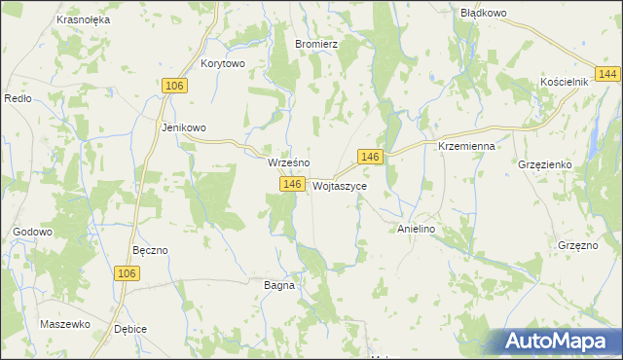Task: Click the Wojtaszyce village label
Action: click(x=341, y=185)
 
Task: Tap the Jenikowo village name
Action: click(x=184, y=127)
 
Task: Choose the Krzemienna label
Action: click(x=467, y=145)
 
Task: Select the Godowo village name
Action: click(x=32, y=232)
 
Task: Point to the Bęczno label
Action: click(x=150, y=250)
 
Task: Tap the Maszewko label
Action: click(x=65, y=323)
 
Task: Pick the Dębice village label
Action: click(x=129, y=329)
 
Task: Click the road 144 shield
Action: click(x=609, y=75)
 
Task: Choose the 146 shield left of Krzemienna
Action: click(x=369, y=157)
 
